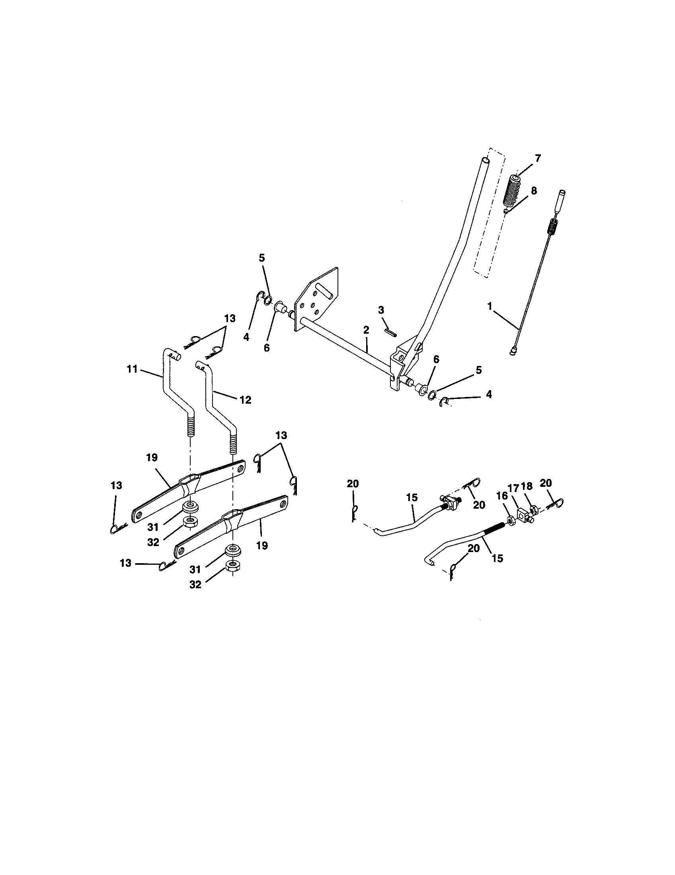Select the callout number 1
coord(489,306)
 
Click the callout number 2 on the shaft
coord(366,330)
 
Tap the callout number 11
coord(132,369)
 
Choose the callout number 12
coord(245,399)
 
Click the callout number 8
coord(533,190)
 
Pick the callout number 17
coord(514,488)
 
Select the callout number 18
coord(527,486)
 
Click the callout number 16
coord(502,496)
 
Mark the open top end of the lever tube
coord(486,161)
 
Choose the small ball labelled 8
coord(507,211)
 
